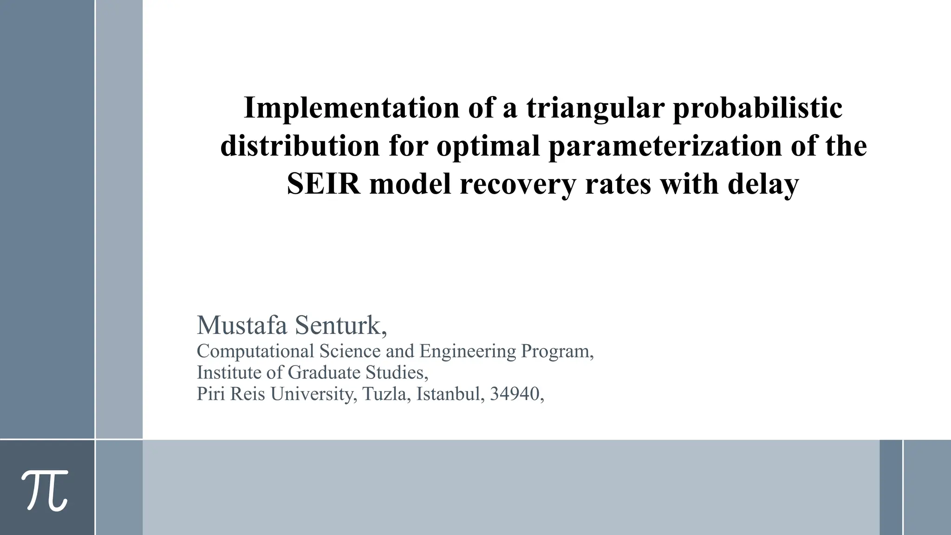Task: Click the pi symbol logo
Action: pyautogui.click(x=45, y=490)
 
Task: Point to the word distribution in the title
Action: pyautogui.click(x=300, y=146)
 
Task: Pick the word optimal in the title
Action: pyautogui.click(x=488, y=146)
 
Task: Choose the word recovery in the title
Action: pyautogui.click(x=518, y=184)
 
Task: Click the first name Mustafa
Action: pyautogui.click(x=242, y=325)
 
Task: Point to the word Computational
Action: pyautogui.click(x=255, y=351)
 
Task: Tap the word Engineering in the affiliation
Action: pyautogui.click(x=468, y=351)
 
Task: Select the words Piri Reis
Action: pyautogui.click(x=231, y=394)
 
